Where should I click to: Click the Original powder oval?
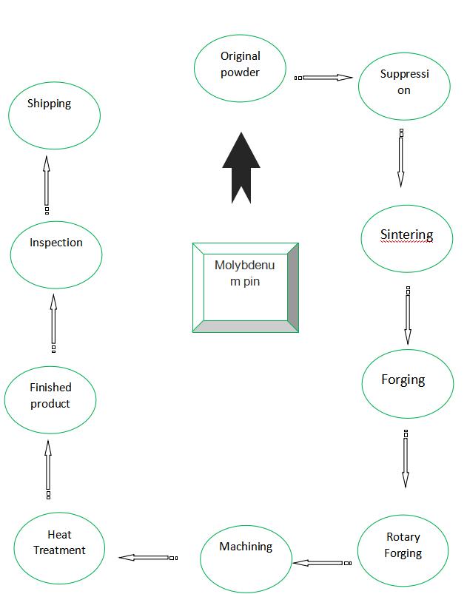click(x=240, y=68)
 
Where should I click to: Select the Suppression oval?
click(x=404, y=87)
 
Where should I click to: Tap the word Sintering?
click(x=407, y=235)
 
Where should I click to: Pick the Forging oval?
click(x=408, y=384)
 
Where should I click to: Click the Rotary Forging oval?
click(x=403, y=550)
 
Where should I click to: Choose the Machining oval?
click(x=246, y=558)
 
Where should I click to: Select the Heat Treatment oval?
click(x=59, y=548)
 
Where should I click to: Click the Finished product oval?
click(x=50, y=399)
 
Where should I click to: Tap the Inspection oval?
click(x=56, y=254)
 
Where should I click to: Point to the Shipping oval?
click(x=54, y=115)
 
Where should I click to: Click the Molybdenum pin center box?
click(x=246, y=288)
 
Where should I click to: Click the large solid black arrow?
click(x=241, y=168)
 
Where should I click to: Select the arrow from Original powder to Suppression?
click(x=323, y=78)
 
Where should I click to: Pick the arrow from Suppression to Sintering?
click(x=401, y=158)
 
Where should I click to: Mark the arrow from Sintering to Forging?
click(x=408, y=316)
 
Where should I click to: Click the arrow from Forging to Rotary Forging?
click(x=406, y=459)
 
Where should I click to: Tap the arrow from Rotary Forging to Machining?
click(x=322, y=563)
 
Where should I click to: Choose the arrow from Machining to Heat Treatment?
click(x=148, y=558)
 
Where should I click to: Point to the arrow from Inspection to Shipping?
click(x=47, y=185)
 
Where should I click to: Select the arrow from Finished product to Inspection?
click(x=53, y=324)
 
